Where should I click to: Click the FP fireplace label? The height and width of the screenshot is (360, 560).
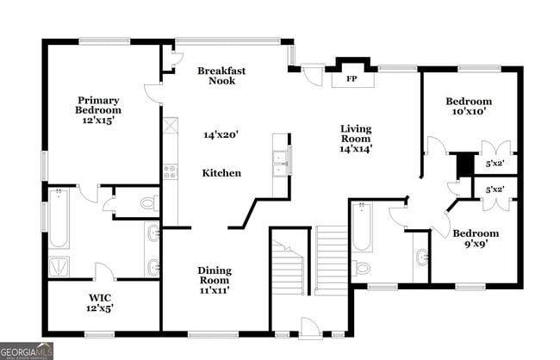[x=351, y=79]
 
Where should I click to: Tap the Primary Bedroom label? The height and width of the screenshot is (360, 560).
[x=98, y=110]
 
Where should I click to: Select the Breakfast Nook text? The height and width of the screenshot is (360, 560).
[x=215, y=76]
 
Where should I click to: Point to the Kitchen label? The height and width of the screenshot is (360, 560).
[x=221, y=173]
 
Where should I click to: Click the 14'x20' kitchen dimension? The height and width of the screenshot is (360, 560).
[x=220, y=134]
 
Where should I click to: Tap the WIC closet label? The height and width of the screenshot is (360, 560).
[x=101, y=302]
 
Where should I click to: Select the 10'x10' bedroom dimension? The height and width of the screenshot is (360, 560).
[x=469, y=111]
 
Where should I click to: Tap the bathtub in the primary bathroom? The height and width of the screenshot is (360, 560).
[x=59, y=219]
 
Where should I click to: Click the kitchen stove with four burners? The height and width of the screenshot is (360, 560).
[x=170, y=171]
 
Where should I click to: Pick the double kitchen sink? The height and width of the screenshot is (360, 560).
[x=281, y=161]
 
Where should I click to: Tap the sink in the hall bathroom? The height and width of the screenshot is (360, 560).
[x=421, y=257]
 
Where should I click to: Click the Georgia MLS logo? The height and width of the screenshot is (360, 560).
[x=27, y=351]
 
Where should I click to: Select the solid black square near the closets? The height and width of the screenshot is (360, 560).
[x=465, y=163]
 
